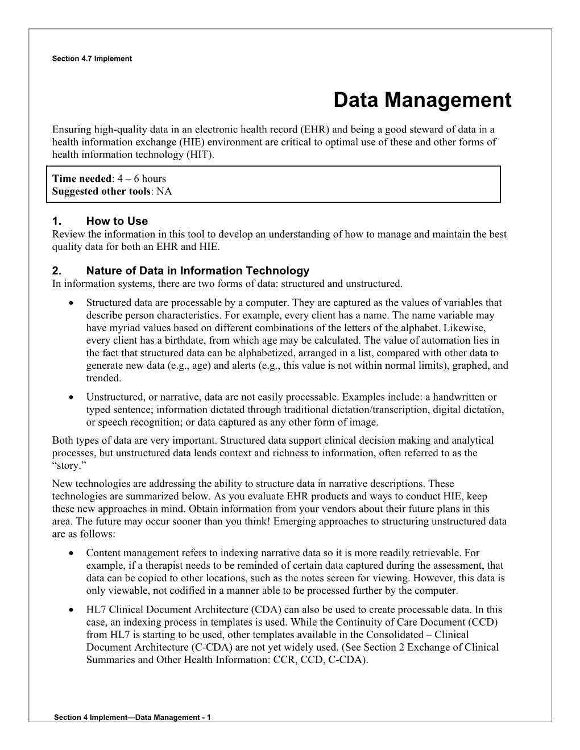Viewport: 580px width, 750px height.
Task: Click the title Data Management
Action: click(x=422, y=100)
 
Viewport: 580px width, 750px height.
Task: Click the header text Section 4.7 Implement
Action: click(x=92, y=59)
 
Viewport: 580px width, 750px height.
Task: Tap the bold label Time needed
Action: click(x=81, y=179)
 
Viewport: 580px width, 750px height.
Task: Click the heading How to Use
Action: click(x=117, y=221)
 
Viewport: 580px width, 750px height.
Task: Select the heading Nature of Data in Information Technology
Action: click(x=197, y=270)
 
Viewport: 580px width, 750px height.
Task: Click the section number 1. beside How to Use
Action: click(x=56, y=221)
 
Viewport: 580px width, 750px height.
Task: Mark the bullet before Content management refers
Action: click(x=70, y=553)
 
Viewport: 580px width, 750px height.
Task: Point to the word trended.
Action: click(x=104, y=378)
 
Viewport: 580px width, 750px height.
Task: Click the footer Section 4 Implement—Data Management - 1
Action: click(x=132, y=718)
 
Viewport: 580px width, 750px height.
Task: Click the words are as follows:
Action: click(x=84, y=534)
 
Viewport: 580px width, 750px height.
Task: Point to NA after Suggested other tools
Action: click(x=164, y=191)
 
